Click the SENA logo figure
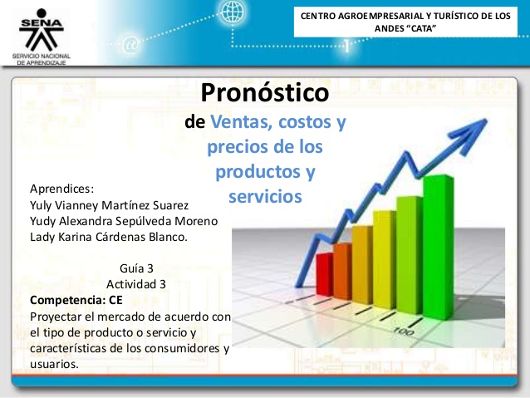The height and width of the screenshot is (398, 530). coord(42,30)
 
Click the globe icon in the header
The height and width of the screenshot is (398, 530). coord(233,11)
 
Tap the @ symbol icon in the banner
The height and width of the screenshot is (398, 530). coord(130,45)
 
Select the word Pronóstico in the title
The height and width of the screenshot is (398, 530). coord(265,92)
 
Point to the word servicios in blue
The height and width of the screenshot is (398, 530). coord(265,196)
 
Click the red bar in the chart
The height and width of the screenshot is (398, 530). coord(325,274)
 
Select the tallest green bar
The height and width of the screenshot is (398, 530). coord(439,247)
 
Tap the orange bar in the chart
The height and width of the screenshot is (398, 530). coord(343,271)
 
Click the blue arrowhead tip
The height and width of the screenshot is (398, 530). coord(487,119)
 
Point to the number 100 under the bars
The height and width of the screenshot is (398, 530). coord(404,332)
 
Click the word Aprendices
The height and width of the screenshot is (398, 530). coord(61,189)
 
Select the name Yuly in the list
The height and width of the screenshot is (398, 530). coord(41,205)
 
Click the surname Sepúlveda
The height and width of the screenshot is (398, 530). coord(145,221)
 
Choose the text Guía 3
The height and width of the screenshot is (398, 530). coord(136,268)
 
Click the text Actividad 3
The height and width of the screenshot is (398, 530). coord(136,284)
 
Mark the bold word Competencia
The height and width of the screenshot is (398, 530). coord(67,300)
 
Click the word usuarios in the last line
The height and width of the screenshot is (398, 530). coord(54,364)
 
